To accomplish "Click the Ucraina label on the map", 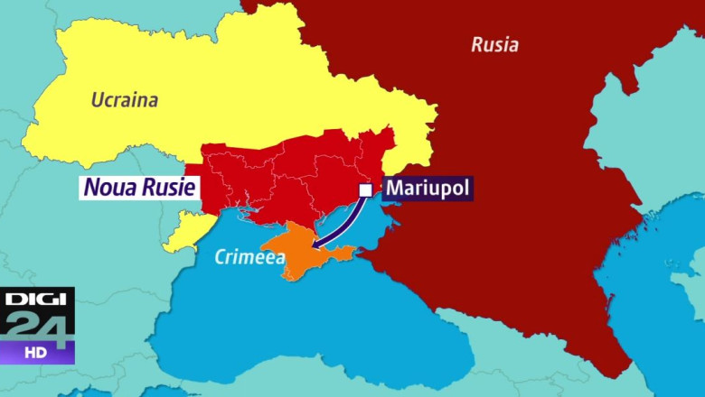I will coord(124,99).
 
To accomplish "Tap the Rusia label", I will coord(494,44).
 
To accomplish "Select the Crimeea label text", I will coord(249,257).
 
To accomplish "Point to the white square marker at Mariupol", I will coord(365,190).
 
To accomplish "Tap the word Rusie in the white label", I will coord(165,188).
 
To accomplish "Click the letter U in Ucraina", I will coord(98,99).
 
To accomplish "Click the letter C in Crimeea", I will coord(221,257).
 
